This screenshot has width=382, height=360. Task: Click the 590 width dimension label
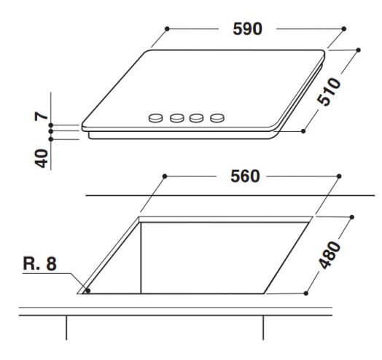(247, 29)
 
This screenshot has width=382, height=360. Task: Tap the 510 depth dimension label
(329, 92)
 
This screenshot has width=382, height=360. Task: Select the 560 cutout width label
(245, 176)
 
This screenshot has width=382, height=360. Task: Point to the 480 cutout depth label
(330, 255)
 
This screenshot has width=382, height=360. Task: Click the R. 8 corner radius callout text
(39, 264)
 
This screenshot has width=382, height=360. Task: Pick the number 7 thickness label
(41, 116)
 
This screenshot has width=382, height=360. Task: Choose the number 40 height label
(41, 159)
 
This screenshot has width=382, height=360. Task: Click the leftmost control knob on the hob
(155, 118)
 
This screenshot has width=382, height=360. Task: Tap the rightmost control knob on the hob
(217, 118)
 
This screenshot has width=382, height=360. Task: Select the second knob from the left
(177, 118)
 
